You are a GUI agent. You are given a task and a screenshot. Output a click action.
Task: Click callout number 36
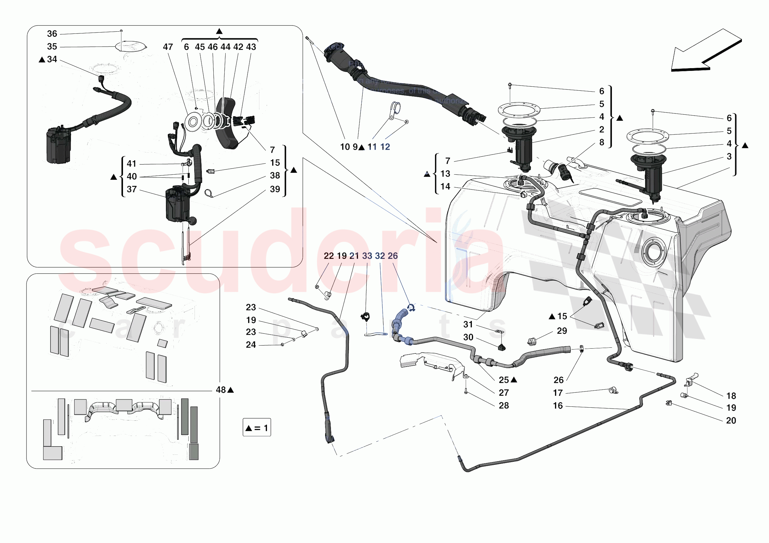point(52,34)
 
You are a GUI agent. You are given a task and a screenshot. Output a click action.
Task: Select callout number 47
point(168,47)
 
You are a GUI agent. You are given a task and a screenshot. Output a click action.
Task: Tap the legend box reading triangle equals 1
point(257,427)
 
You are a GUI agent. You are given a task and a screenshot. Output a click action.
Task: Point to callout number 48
point(221,390)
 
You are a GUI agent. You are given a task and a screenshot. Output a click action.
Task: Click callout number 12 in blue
point(385,147)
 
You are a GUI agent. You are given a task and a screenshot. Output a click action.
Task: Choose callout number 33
point(367,256)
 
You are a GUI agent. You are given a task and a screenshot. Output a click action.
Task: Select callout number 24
point(251,345)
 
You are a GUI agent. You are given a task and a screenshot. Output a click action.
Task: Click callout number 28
point(504,406)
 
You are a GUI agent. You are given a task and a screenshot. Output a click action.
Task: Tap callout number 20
point(731,420)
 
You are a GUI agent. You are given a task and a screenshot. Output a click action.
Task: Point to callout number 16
point(558,406)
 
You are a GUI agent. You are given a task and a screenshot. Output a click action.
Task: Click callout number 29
point(562,331)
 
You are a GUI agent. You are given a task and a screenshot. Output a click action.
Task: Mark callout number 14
point(445,186)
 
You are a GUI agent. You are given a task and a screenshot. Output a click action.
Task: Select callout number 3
point(729,156)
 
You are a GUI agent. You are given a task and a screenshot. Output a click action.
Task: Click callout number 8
point(602,142)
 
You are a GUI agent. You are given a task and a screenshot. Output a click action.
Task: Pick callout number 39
point(275,189)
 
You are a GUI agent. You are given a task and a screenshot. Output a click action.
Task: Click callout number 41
point(132,164)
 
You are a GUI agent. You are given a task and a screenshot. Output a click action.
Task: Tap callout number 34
point(52,60)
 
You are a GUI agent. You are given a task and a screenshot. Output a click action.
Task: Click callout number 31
point(468,324)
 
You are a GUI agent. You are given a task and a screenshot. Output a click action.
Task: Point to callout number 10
point(345,147)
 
